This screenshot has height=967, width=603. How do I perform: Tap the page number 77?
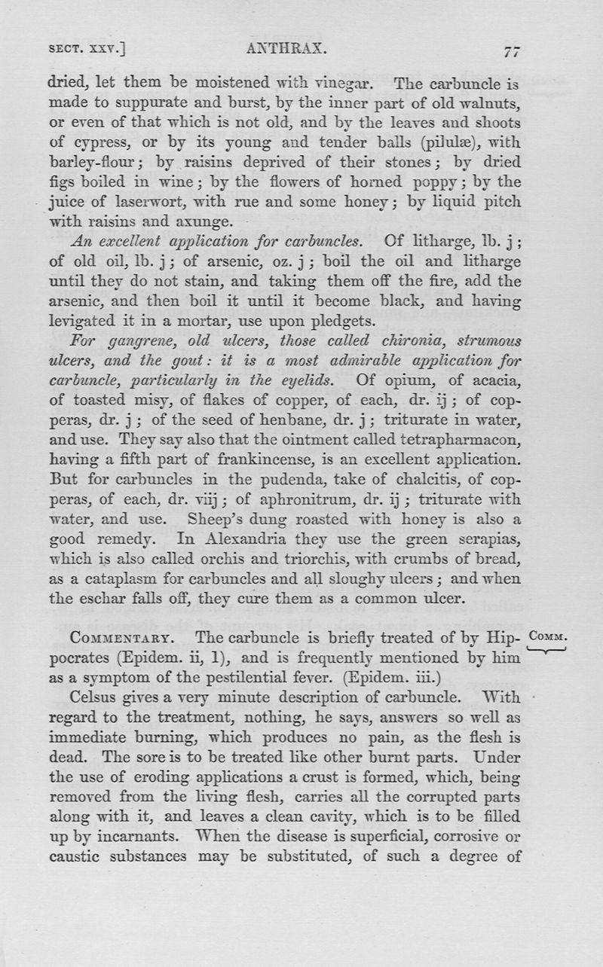tap(513, 51)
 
